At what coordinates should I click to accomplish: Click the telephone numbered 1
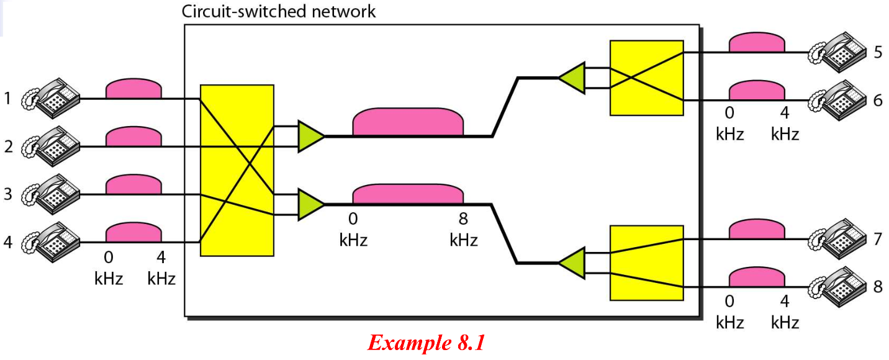[x=51, y=99]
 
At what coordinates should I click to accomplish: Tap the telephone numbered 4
[x=51, y=242]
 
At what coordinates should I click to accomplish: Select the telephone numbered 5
[x=837, y=52]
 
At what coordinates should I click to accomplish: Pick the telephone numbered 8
[x=837, y=287]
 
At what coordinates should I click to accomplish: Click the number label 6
[x=878, y=101]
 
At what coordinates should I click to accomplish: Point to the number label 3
[x=8, y=194]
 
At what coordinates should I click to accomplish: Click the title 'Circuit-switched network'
[x=279, y=11]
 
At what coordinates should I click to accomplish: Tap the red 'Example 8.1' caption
[x=426, y=343]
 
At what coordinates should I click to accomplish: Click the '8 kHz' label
[x=464, y=230]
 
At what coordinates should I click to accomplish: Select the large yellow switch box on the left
[x=237, y=170]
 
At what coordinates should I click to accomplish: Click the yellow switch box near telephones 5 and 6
[x=646, y=78]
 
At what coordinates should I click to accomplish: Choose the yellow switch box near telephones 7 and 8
[x=646, y=263]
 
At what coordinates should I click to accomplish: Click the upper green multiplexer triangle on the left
[x=310, y=136]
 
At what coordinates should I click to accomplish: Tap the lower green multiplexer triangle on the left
[x=310, y=204]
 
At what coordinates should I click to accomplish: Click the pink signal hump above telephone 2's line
[x=133, y=137]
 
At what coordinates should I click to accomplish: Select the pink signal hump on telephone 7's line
[x=757, y=229]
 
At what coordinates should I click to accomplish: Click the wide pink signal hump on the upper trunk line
[x=408, y=122]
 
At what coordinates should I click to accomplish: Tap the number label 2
[x=8, y=146]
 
